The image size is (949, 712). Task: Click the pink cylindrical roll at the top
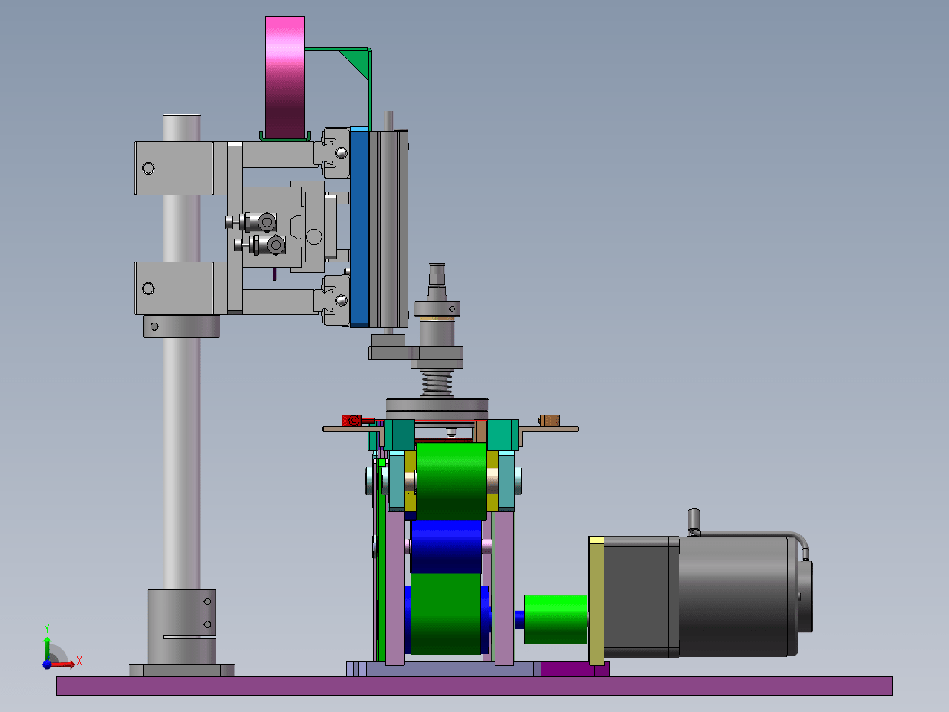tap(285, 78)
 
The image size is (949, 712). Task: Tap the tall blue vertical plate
tap(359, 227)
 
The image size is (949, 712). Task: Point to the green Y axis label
tap(47, 628)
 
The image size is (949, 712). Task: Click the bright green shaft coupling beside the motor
tap(555, 619)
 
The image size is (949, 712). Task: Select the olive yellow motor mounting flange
tap(596, 601)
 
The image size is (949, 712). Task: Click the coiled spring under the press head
tap(437, 383)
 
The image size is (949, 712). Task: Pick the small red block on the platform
tap(351, 421)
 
